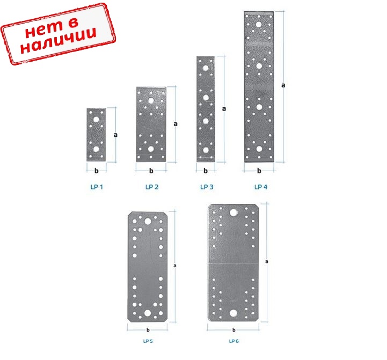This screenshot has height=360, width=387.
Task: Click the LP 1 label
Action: [x=97, y=187]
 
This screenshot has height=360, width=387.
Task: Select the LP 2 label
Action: [x=152, y=187]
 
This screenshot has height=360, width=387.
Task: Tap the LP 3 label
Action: [x=207, y=187]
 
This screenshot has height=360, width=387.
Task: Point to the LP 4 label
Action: [x=261, y=187]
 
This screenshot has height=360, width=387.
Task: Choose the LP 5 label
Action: [x=148, y=341]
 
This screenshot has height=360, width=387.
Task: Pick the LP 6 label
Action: [x=233, y=341]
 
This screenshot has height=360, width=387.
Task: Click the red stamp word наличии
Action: [x=59, y=41]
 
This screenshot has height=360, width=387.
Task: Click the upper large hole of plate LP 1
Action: [x=96, y=120]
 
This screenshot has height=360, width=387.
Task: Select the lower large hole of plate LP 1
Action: [x=96, y=149]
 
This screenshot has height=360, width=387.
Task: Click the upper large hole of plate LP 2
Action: [x=151, y=100]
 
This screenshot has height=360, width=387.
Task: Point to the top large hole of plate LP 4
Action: [x=259, y=25]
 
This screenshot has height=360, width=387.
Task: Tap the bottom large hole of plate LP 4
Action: [x=259, y=149]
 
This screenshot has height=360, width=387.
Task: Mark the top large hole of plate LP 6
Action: [x=233, y=212]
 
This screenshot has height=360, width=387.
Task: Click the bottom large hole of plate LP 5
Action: [x=148, y=313]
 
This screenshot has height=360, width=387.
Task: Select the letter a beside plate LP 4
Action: [x=283, y=85]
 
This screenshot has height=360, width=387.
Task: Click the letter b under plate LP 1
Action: [x=97, y=171]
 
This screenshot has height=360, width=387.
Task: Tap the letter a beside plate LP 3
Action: [x=224, y=108]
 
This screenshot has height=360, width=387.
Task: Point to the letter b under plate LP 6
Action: [x=233, y=329]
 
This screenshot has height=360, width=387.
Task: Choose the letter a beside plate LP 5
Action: [x=175, y=266]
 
